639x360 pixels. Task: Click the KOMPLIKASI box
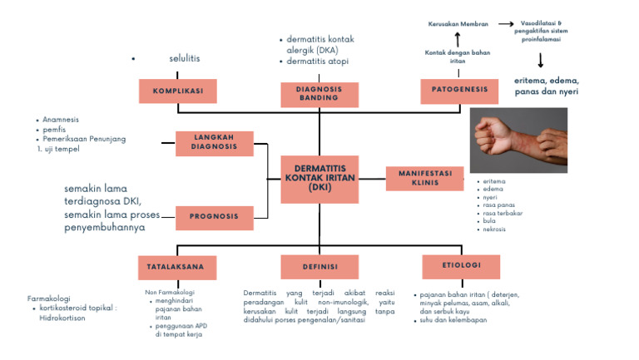tap(177, 90)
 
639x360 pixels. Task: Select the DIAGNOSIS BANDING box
tap(319, 92)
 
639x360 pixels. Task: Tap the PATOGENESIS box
tap(458, 88)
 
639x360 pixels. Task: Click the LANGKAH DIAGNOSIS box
tap(215, 143)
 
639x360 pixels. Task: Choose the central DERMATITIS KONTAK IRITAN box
tap(319, 179)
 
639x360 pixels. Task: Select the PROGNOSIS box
tap(215, 217)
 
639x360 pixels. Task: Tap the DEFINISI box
tap(319, 267)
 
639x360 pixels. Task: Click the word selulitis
tap(185, 58)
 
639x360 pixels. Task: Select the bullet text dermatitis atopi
tap(317, 62)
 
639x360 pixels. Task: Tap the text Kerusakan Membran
tap(457, 25)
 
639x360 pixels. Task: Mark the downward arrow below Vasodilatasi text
tap(541, 60)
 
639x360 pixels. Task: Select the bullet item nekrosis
tap(494, 229)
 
